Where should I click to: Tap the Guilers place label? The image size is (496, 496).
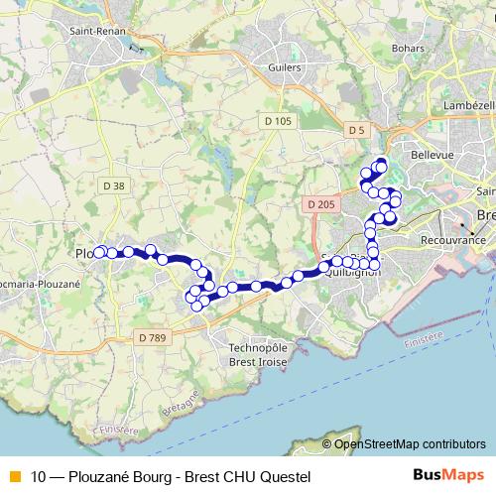point(284,66)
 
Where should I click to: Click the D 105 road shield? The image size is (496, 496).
point(279,121)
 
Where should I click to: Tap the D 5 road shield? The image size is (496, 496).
point(357,130)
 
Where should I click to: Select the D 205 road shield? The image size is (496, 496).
point(319,204)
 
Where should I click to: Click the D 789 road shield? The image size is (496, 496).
point(151,338)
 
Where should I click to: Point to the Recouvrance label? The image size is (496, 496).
point(452,240)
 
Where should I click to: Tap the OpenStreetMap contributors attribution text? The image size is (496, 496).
point(411,443)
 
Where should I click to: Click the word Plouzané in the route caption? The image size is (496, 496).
point(98,477)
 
